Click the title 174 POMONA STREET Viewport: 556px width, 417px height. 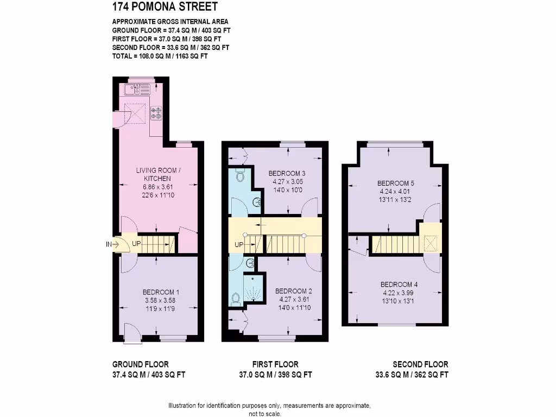click(165, 7)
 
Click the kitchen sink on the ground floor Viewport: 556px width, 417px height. click(138, 88)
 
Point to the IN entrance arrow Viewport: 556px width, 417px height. click(112, 244)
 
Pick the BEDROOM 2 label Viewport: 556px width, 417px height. click(293, 290)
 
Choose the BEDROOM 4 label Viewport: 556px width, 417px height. click(399, 285)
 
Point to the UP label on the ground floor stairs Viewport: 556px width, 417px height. click(136, 244)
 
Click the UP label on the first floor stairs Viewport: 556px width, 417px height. click(239, 245)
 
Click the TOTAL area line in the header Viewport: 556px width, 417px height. click(160, 56)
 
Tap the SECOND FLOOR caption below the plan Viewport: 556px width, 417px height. click(420, 364)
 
